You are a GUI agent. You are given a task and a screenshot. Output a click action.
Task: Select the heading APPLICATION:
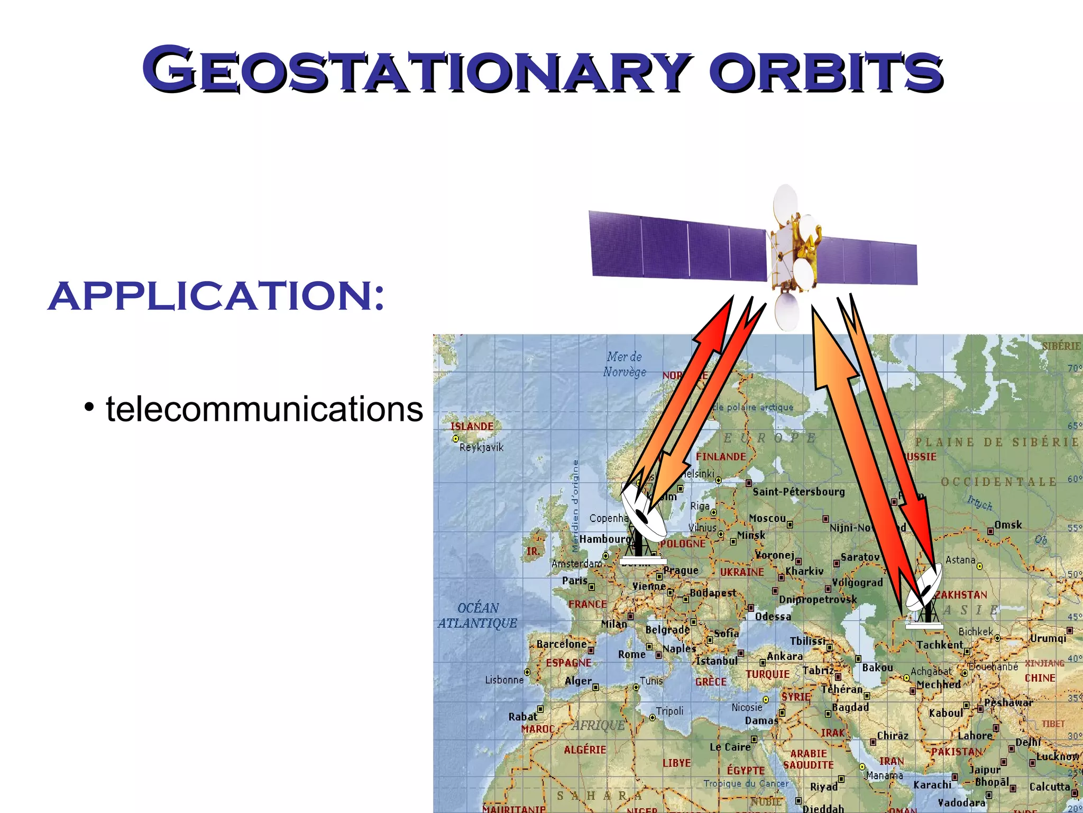(x=216, y=296)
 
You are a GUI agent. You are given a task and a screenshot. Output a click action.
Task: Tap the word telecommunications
(x=264, y=409)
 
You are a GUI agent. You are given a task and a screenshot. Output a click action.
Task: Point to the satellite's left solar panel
(x=678, y=245)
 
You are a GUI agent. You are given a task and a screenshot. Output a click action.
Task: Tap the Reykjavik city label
(x=481, y=448)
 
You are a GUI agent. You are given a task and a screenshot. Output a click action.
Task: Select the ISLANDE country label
(x=472, y=426)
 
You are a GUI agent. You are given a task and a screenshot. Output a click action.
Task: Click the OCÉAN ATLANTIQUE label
(x=478, y=615)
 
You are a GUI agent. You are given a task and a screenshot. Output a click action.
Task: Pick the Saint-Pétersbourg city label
(x=799, y=492)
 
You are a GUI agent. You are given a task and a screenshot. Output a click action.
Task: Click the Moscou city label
(x=767, y=518)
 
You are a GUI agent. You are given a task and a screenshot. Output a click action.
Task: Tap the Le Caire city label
(x=730, y=747)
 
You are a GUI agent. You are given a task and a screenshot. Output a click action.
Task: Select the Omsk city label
(x=1008, y=525)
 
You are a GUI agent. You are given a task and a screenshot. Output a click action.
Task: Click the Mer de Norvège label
(x=625, y=364)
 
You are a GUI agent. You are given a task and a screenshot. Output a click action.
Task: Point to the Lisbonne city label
(x=504, y=680)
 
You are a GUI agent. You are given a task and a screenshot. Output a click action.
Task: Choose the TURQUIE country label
(x=767, y=674)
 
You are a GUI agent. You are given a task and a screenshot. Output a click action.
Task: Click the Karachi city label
(x=932, y=784)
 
